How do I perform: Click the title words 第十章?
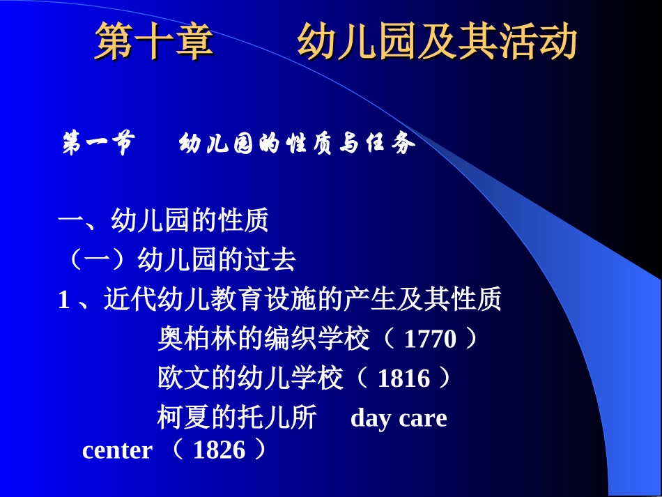[154, 41]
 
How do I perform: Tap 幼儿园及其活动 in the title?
[437, 41]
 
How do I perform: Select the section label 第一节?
[97, 144]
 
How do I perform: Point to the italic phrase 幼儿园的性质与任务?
[298, 144]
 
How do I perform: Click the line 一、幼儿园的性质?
[163, 222]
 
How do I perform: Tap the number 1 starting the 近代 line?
[64, 300]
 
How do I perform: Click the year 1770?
[430, 339]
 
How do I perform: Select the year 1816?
[403, 379]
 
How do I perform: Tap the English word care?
[423, 418]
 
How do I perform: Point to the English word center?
[116, 450]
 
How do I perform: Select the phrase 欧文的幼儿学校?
[250, 379]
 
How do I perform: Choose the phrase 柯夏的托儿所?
[237, 418]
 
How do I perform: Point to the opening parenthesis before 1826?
[176, 450]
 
